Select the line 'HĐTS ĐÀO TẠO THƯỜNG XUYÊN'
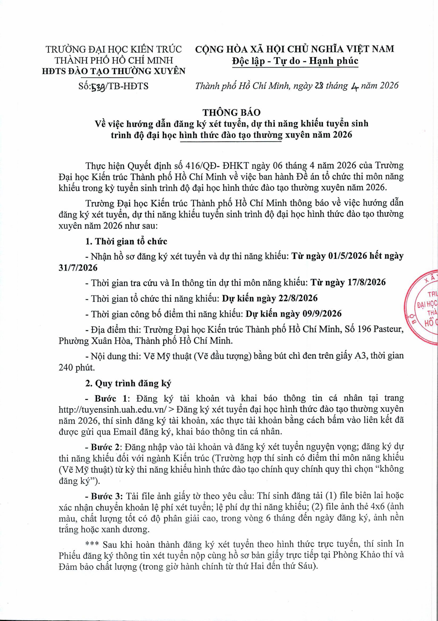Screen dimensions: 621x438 pos(114,71)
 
